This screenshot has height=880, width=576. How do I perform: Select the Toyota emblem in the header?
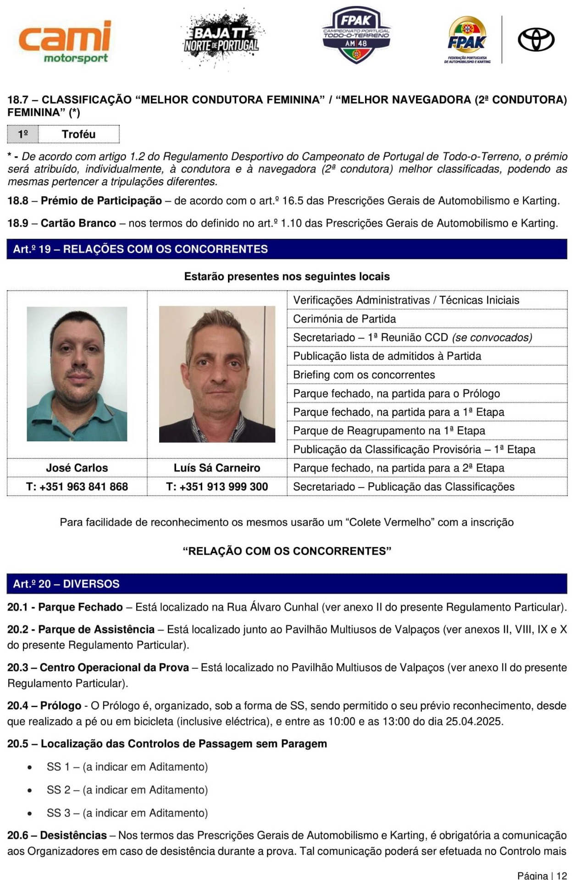point(536,39)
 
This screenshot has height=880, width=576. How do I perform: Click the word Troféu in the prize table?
point(78,134)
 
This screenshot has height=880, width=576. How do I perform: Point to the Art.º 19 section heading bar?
point(287,249)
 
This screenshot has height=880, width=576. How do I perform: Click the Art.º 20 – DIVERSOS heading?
point(66,583)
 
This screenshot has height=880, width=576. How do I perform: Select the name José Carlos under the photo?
point(77,467)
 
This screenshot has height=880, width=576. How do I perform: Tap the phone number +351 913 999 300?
point(217,486)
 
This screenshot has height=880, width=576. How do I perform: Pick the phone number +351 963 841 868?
point(77,486)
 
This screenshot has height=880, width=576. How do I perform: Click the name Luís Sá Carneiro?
point(217,467)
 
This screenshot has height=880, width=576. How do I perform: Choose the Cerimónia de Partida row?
point(344,319)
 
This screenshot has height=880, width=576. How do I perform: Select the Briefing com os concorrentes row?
point(364,374)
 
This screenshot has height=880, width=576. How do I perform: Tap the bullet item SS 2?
point(127,790)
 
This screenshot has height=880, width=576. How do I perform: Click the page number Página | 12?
point(542,875)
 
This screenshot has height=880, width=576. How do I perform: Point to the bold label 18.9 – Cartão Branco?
point(62,223)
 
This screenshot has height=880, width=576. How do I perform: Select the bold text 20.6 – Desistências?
point(57,835)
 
